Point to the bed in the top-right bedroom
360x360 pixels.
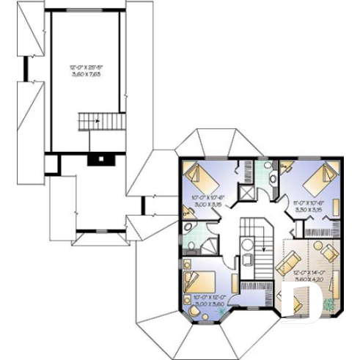(318, 176)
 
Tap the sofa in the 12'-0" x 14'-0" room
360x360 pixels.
(288, 260)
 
